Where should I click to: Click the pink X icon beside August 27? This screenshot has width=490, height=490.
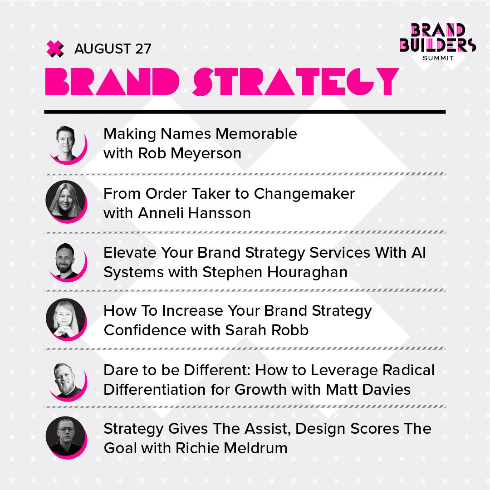(x=55, y=49)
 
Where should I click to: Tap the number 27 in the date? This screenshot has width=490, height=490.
(x=143, y=49)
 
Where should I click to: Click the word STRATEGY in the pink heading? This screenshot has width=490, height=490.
(x=296, y=82)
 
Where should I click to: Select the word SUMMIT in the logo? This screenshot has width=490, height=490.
(x=438, y=58)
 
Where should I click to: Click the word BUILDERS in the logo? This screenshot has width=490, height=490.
(x=438, y=45)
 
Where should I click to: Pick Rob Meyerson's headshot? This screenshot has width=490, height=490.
(x=66, y=144)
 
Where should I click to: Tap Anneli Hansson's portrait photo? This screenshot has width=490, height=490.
(x=66, y=201)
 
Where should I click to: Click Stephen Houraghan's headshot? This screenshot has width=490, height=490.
(x=66, y=262)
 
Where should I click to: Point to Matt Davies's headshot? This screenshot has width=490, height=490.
(x=66, y=381)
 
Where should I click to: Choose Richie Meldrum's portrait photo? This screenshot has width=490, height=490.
(x=66, y=437)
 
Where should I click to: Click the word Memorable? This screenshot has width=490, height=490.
(x=256, y=134)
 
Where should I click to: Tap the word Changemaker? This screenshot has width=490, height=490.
(x=304, y=194)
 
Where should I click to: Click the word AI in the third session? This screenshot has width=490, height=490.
(x=418, y=253)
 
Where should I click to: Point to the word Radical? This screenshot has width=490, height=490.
(x=408, y=370)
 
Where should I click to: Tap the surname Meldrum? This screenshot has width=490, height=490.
(x=255, y=448)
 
